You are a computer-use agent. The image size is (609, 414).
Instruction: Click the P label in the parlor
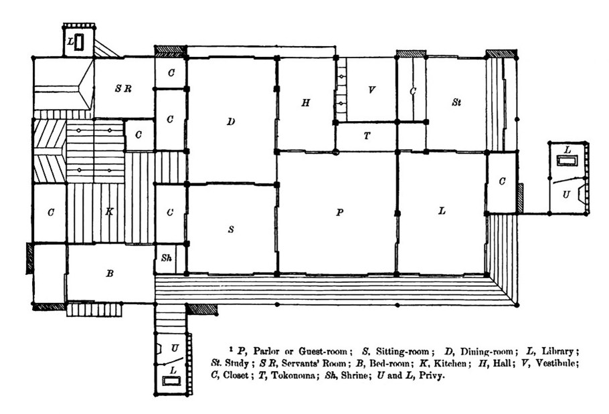point(340,212)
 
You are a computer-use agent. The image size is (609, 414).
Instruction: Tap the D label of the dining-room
point(231,122)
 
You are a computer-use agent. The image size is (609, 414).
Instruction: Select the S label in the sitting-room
point(231,229)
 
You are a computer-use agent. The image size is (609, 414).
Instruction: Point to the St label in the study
point(456,102)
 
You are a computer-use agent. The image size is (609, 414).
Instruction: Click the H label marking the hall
point(306,103)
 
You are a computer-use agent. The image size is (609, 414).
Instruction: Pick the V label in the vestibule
point(371,90)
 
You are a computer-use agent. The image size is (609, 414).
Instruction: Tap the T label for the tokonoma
point(367,136)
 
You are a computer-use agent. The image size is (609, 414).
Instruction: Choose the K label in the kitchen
point(110,211)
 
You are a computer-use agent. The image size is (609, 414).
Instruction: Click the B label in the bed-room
point(110,274)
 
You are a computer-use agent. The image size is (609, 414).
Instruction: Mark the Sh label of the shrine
point(166,257)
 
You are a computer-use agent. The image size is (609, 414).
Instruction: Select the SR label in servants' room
point(123,88)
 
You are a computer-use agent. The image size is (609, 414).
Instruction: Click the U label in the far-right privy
point(566,195)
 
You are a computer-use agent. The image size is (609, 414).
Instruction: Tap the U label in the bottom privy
point(175,348)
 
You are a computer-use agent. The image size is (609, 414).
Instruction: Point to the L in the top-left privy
point(70,41)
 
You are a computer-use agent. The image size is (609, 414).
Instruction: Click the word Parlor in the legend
point(266,351)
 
